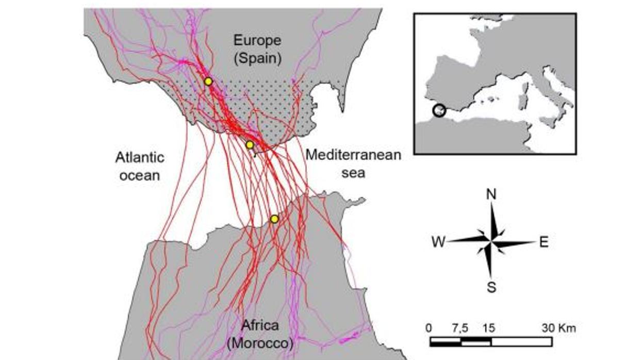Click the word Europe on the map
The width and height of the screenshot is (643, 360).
(x=257, y=40)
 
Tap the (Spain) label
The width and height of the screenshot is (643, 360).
(x=257, y=58)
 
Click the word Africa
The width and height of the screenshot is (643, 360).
(x=260, y=325)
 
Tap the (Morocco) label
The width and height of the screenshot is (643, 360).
(x=260, y=342)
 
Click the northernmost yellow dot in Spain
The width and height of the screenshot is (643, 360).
(x=208, y=81)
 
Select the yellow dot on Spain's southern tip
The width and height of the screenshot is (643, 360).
(x=250, y=145)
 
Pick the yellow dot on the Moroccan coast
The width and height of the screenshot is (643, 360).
(x=274, y=219)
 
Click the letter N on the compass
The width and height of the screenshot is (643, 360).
(x=491, y=194)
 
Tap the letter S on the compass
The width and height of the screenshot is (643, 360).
(x=491, y=288)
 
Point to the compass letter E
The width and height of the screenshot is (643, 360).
(x=544, y=242)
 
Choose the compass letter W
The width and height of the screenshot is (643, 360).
(x=439, y=242)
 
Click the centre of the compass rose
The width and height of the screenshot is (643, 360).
(x=491, y=241)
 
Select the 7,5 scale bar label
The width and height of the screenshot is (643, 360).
(x=460, y=328)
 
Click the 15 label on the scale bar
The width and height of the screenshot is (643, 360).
(x=489, y=328)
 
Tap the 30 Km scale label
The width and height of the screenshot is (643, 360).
(x=558, y=328)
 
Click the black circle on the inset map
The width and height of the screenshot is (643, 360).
(x=439, y=110)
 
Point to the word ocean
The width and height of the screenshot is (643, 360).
(x=140, y=175)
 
